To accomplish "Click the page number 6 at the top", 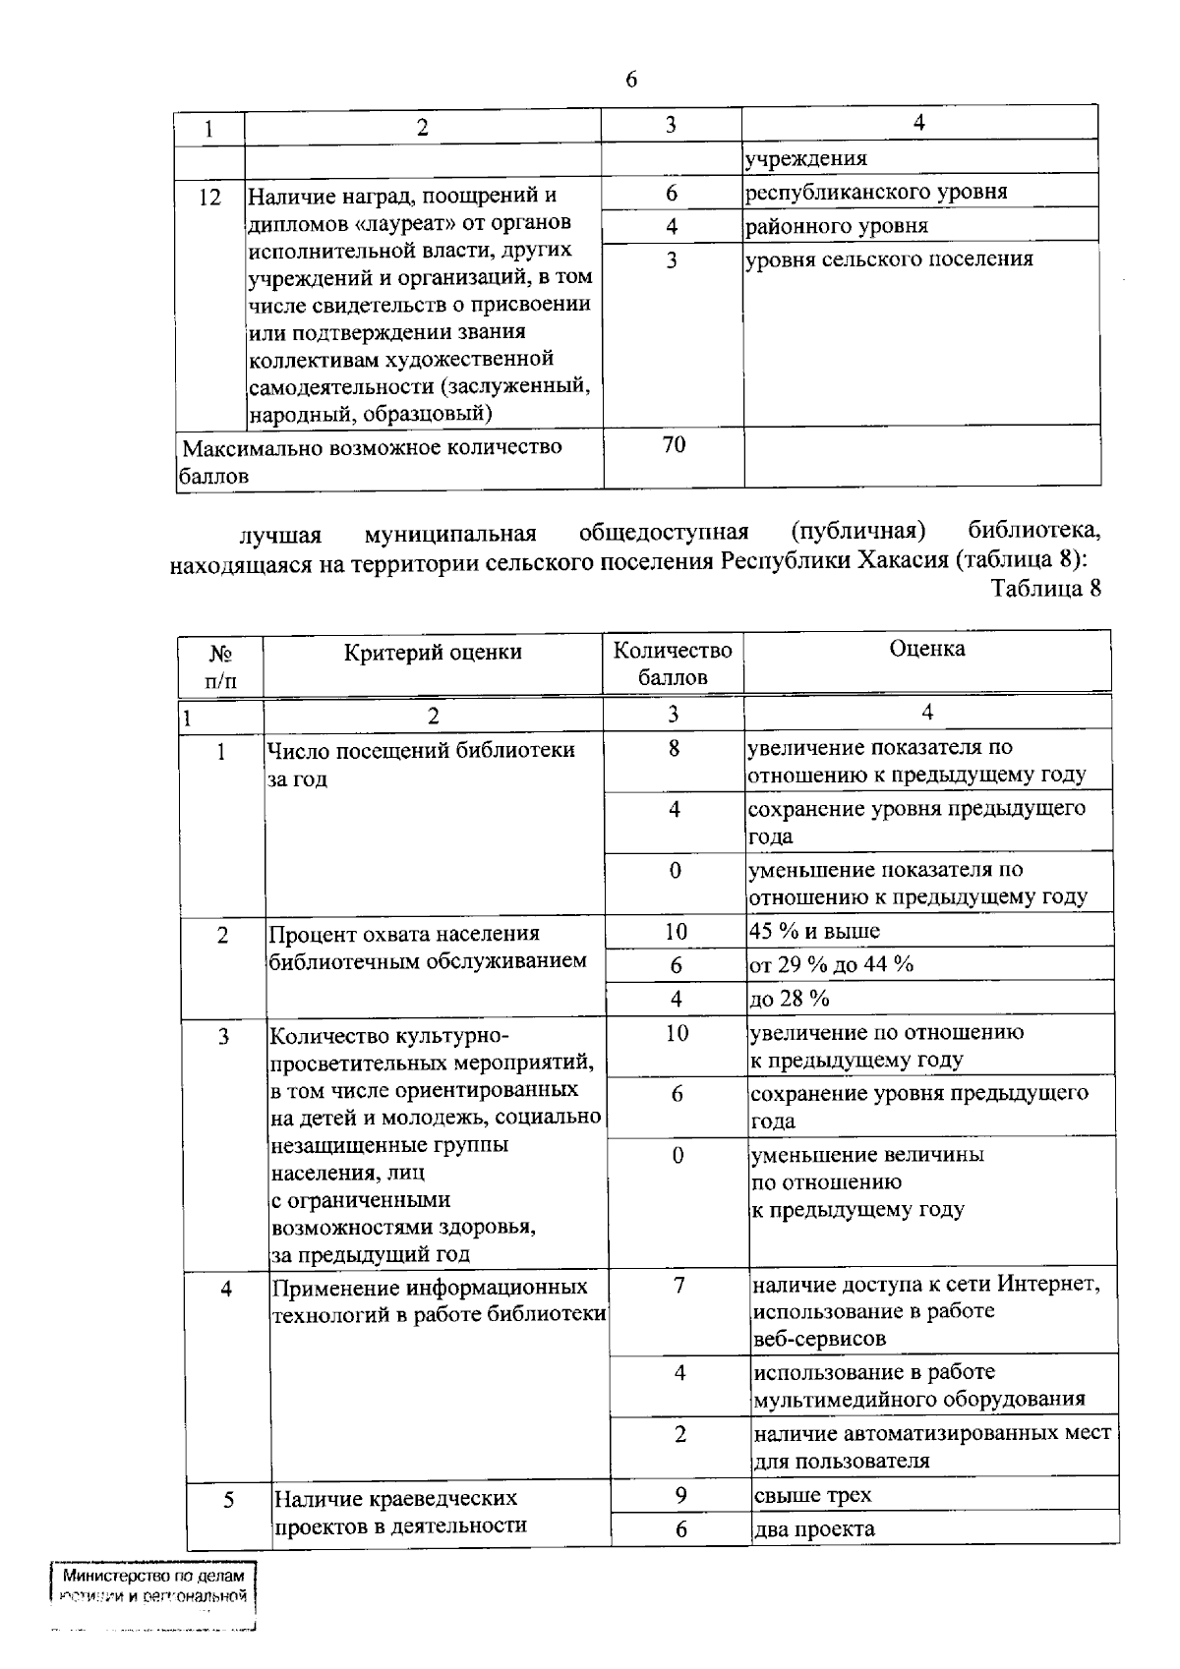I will pos(630,81).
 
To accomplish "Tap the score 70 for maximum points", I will pos(674,445).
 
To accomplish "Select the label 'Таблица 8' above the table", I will pos(1045,589).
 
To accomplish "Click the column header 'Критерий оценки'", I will pos(433,653).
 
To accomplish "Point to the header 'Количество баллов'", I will pos(673,663).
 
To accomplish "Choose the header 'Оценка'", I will pos(926,649).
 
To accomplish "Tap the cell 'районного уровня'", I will pos(837,226).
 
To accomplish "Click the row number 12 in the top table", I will pos(209,198).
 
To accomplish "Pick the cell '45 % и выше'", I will pos(814,931).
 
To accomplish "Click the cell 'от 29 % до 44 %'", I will pos(831,965).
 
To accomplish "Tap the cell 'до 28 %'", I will pos(790,1000).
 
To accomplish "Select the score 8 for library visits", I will pos(674,749).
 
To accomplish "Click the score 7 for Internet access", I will pos(678,1286).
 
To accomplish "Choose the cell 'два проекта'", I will pos(814,1529).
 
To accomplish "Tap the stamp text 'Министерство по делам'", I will pos(152,1576).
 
